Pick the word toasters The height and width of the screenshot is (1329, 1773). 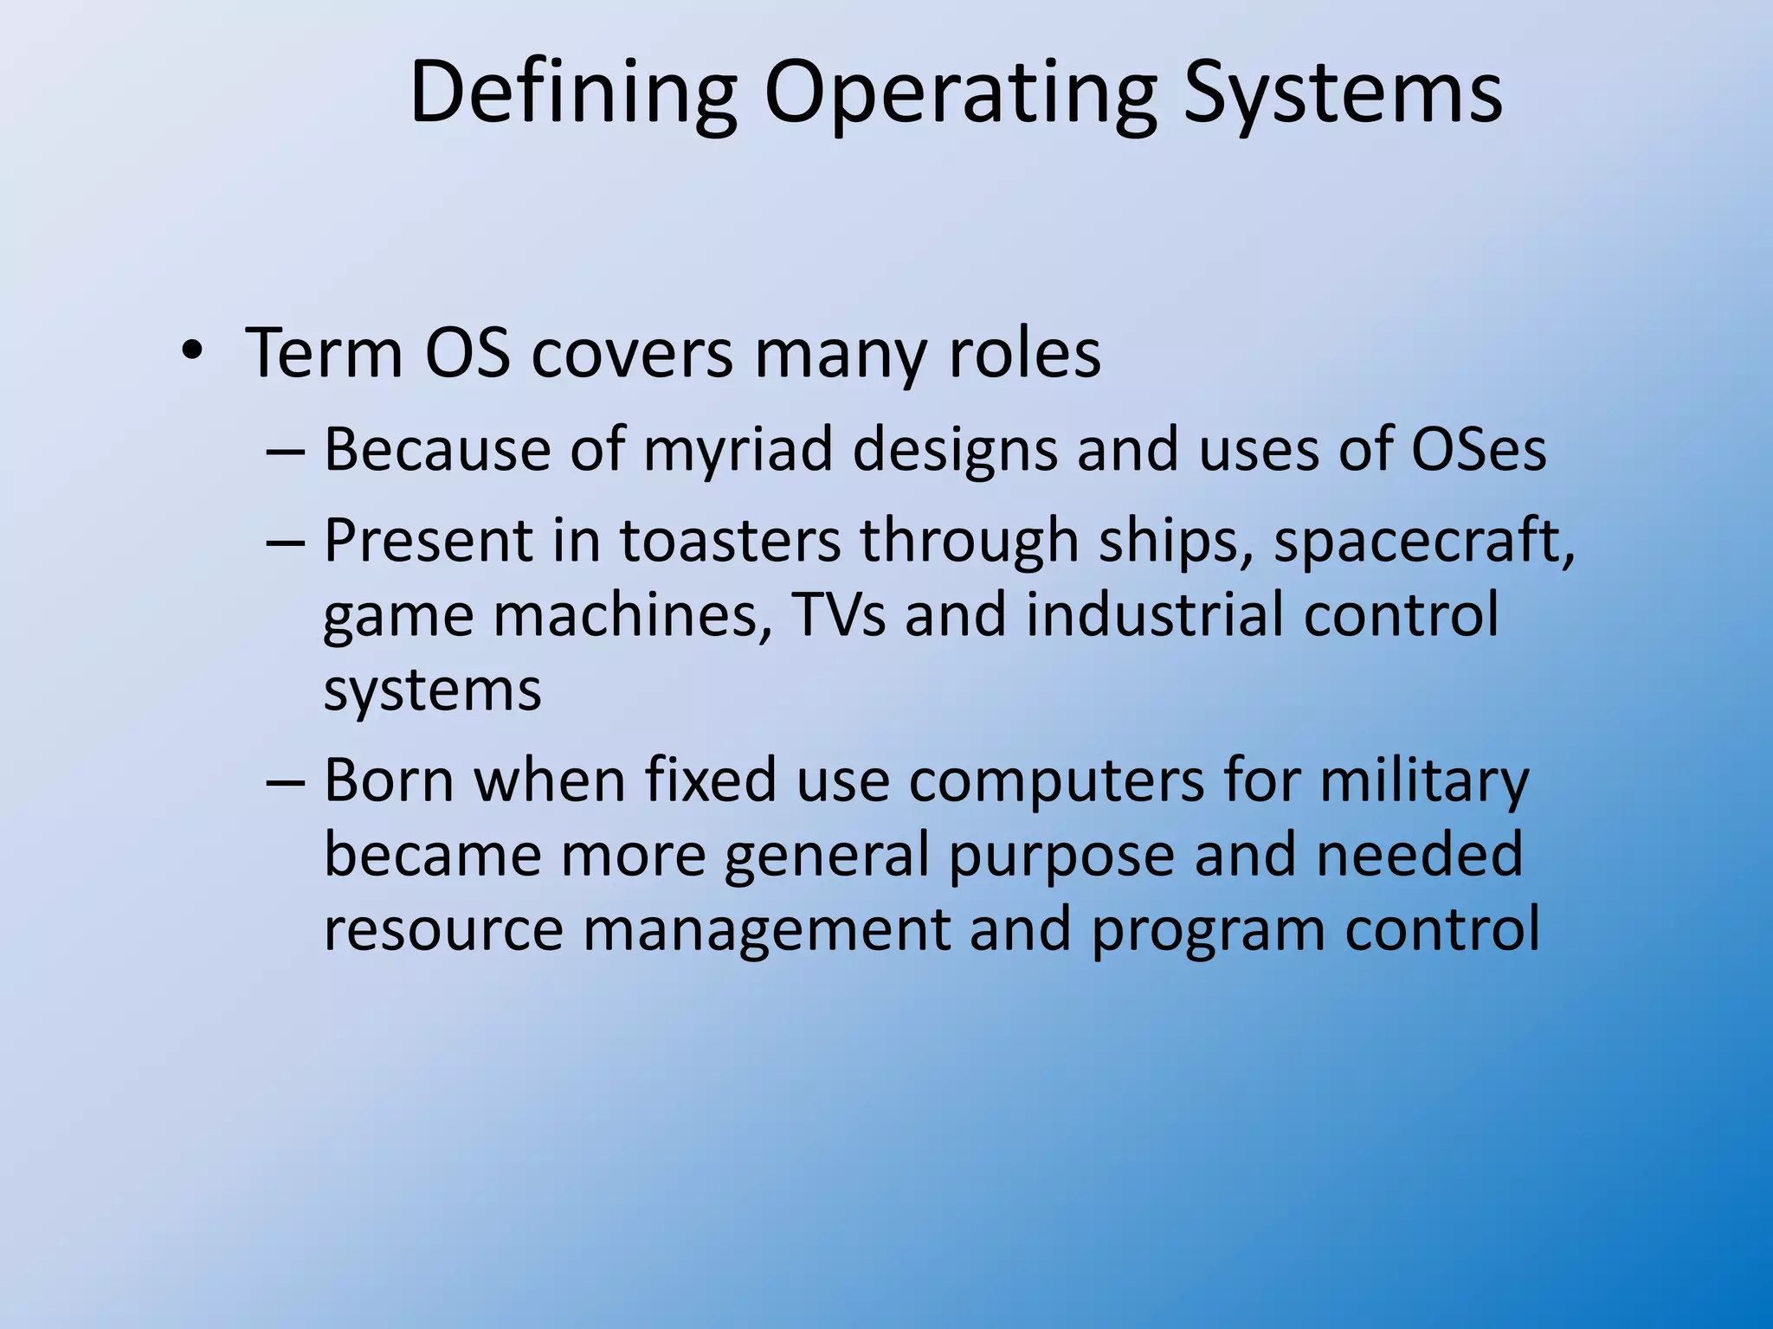(x=730, y=540)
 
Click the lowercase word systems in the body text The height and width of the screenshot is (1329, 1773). (x=432, y=690)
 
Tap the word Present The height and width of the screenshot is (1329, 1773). (x=429, y=540)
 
